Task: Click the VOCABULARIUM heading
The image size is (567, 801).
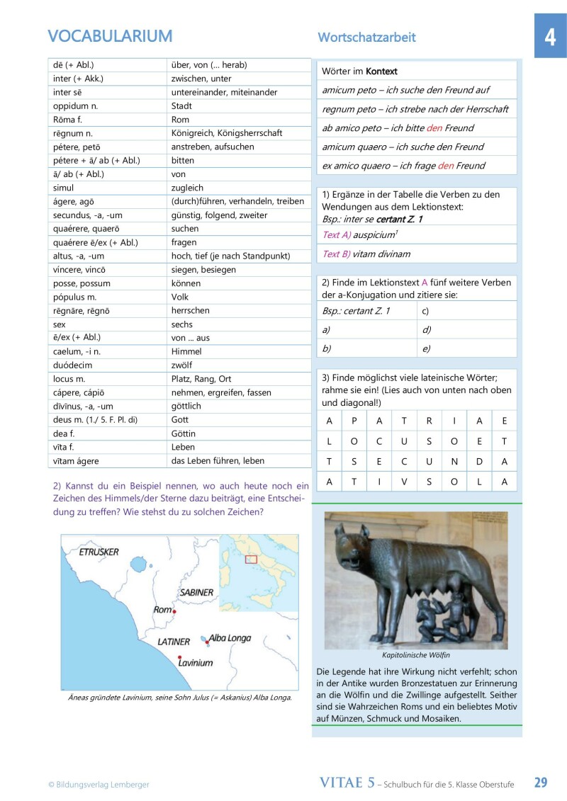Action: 110,36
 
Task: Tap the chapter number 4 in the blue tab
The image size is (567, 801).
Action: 550,37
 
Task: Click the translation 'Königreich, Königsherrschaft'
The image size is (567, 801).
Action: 227,133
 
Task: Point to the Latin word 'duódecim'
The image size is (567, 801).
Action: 73,365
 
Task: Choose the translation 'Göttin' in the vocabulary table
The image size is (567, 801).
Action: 184,433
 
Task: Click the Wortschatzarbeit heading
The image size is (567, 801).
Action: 366,38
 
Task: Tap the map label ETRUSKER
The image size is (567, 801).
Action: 99,552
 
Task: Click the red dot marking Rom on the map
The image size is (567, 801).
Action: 174,610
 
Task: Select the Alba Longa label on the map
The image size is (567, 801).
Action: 230,638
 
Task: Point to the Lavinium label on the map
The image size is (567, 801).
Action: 196,664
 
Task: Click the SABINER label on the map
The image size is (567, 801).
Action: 196,592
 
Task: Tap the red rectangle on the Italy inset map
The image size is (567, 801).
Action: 250,559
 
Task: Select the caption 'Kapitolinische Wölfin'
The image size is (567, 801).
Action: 416,655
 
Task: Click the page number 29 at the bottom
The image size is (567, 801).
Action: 540,783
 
